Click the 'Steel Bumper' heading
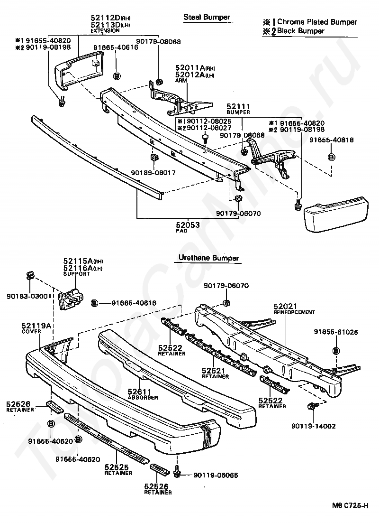207,18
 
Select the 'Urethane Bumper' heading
208,258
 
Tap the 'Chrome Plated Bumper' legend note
316,22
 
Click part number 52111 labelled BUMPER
238,107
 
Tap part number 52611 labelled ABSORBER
139,392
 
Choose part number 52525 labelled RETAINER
116,467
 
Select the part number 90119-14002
314,426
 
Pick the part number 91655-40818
332,140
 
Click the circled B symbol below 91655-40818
331,157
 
